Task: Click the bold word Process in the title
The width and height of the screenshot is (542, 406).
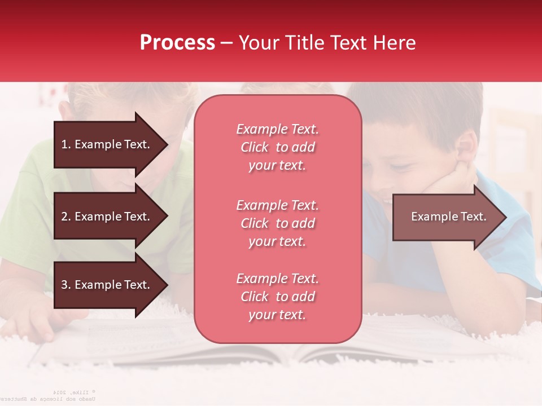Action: [177, 43]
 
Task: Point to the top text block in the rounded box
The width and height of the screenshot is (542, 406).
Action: [277, 147]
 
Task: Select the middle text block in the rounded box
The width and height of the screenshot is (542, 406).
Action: [277, 223]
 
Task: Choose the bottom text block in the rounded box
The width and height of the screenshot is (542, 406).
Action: [277, 297]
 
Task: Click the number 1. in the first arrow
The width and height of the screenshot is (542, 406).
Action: [66, 144]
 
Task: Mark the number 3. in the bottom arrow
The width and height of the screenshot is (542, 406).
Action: [66, 285]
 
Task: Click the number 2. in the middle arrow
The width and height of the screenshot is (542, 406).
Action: [66, 217]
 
